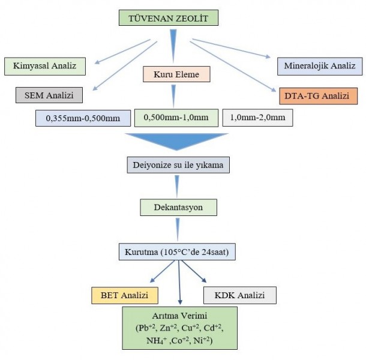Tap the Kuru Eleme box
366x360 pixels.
pos(176,74)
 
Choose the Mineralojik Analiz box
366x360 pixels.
pos(319,65)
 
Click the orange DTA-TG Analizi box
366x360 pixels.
pos(318,96)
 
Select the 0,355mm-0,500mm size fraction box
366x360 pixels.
pos(83,118)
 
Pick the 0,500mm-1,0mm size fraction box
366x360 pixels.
pos(176,116)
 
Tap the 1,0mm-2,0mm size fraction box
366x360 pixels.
pos(257,118)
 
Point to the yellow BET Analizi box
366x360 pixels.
pos(124,295)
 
